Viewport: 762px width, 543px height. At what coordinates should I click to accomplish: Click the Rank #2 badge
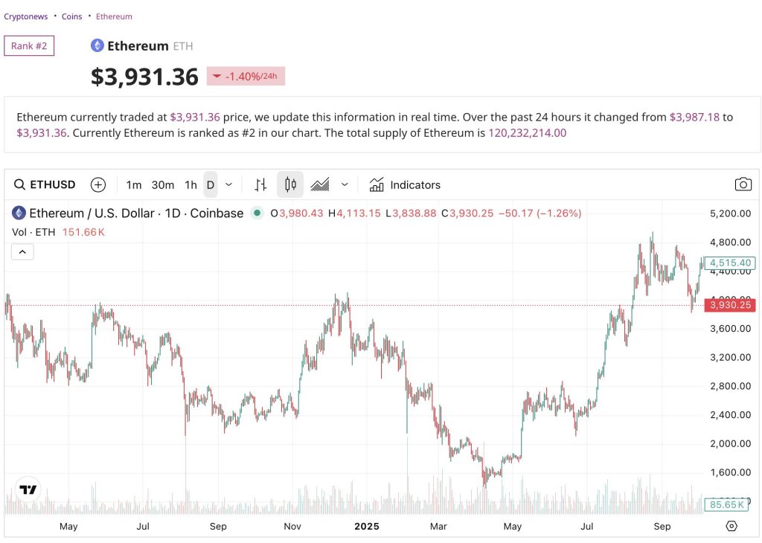[x=29, y=46]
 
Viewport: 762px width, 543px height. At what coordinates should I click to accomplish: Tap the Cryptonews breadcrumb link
[x=26, y=16]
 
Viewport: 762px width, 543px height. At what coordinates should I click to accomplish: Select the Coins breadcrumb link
[x=72, y=16]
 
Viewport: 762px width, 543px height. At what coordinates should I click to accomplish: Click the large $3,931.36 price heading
[x=144, y=77]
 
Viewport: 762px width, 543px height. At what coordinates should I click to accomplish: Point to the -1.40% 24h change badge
[x=246, y=76]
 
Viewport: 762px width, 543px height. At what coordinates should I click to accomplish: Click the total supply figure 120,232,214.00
[x=527, y=133]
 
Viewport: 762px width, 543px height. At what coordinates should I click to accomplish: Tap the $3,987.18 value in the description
[x=695, y=117]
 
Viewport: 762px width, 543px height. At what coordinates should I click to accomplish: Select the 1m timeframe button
[x=134, y=184]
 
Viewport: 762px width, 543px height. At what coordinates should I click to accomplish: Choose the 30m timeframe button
[x=163, y=184]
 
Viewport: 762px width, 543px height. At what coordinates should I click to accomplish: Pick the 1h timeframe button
[x=190, y=184]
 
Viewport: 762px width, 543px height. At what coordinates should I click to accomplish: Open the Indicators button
[x=406, y=184]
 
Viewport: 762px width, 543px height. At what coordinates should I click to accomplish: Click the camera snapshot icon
[x=742, y=184]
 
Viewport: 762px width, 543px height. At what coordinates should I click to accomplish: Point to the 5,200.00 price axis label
[x=730, y=213]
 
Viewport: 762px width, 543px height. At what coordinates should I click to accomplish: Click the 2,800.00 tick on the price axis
[x=730, y=386]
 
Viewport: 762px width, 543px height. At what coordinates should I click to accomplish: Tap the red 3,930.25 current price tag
[x=730, y=305]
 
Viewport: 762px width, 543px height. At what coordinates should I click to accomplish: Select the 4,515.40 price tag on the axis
[x=730, y=263]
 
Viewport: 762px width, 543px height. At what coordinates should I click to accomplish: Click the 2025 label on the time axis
[x=366, y=527]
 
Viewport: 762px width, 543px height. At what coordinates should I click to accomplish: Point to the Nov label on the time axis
[x=292, y=527]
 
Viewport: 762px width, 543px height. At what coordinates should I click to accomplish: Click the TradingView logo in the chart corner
[x=28, y=489]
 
